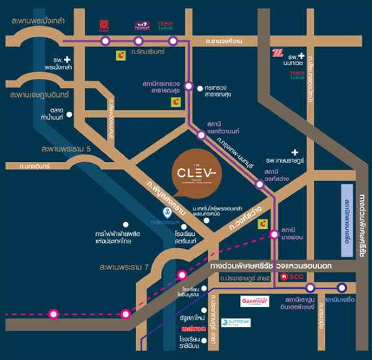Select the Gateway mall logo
coord(255,301)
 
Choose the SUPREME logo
coord(236,322)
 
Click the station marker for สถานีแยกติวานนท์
coord(201,134)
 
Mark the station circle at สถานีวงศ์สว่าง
coord(259,182)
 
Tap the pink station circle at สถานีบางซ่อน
coord(274,234)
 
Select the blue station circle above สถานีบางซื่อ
coord(341,287)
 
